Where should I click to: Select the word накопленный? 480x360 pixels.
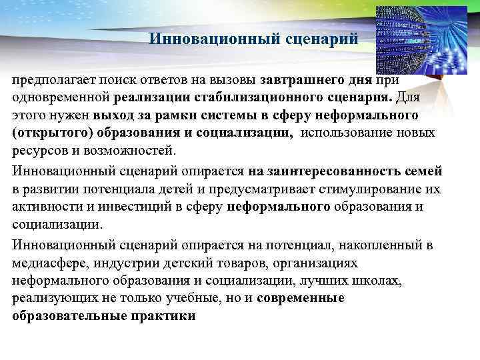(x=375, y=245)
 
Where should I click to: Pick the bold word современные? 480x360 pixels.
(x=300, y=298)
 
